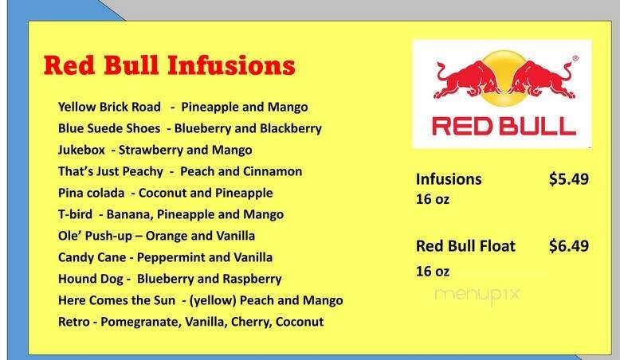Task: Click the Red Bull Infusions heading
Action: click(169, 65)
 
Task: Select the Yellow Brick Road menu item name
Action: click(109, 107)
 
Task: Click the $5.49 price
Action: click(568, 179)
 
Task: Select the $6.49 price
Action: click(568, 246)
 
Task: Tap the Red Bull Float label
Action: click(465, 246)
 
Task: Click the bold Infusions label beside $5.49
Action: click(449, 179)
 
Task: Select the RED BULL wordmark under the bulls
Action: click(502, 125)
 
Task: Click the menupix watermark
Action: click(477, 293)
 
